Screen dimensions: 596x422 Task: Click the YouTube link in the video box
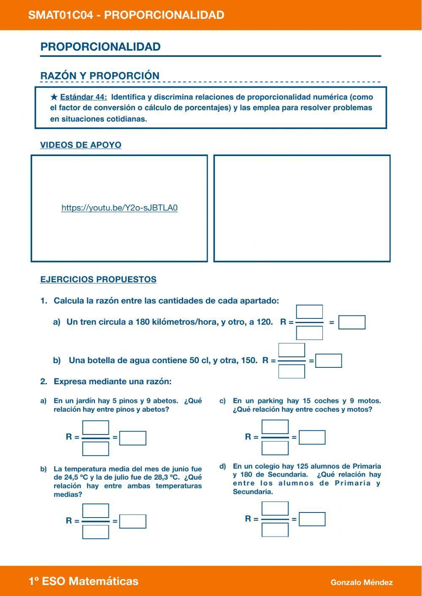tap(119, 208)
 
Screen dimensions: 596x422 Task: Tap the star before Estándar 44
tap(54, 97)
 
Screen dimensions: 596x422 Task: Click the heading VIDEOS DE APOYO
tap(81, 145)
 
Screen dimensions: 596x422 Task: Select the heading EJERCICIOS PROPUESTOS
tap(98, 280)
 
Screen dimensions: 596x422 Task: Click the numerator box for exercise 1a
tap(309, 312)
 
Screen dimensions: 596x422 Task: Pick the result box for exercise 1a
tap(352, 323)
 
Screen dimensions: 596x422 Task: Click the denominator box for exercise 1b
tap(292, 372)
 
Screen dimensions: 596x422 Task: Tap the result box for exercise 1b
tap(329, 361)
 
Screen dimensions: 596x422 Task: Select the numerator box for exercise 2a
tap(96, 428)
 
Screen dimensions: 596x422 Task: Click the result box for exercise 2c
tap(312, 437)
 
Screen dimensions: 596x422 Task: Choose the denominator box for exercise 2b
tap(96, 532)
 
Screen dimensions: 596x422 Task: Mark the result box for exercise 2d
tap(312, 519)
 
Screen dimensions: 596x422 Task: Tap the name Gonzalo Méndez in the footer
tap(362, 583)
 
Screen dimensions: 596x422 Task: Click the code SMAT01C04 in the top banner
tap(60, 15)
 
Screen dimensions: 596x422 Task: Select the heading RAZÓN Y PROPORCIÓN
tap(100, 76)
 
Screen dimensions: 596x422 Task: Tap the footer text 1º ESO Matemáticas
tap(84, 581)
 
